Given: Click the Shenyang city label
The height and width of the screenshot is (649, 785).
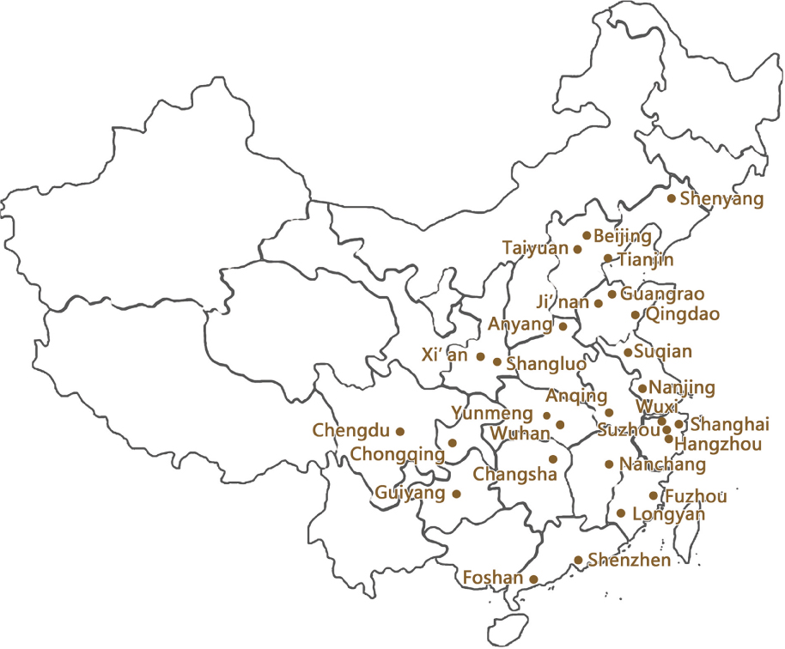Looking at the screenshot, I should [721, 199].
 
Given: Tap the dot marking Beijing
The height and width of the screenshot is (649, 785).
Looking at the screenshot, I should [587, 235].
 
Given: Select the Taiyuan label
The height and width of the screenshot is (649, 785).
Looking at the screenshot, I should [535, 248].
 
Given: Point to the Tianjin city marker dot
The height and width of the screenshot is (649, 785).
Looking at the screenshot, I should [608, 258].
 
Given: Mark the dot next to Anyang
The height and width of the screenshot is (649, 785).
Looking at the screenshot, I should [563, 326].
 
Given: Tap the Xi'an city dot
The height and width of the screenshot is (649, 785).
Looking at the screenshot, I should [481, 356].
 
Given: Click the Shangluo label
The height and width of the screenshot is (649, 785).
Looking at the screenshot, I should [546, 364].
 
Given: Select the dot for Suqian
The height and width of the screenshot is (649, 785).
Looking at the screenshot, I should [628, 352].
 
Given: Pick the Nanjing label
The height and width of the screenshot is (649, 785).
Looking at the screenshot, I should [682, 388].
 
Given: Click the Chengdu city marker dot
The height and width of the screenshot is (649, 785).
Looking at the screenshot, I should [399, 431].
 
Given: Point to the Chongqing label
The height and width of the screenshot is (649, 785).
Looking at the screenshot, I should [398, 453].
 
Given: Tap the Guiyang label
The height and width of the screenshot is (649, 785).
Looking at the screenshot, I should [410, 493].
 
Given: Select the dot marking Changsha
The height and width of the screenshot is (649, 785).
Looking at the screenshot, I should [553, 459].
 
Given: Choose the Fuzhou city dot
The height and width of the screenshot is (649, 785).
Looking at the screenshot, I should [654, 496].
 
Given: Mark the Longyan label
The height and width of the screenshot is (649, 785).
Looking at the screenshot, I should [668, 514].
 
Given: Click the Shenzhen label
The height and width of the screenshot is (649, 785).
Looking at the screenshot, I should [629, 561].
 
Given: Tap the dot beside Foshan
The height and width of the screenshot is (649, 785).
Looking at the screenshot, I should [534, 579].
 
